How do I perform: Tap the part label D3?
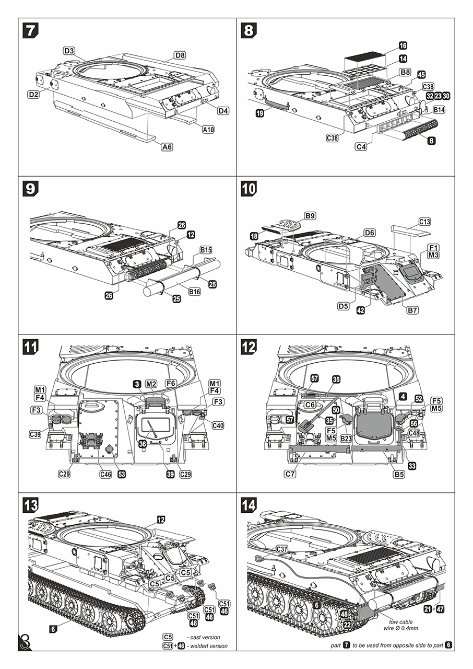(x=69, y=51)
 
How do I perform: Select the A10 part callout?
(x=208, y=129)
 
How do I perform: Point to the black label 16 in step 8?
(x=403, y=46)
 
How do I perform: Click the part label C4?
(x=361, y=147)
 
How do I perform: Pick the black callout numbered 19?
(x=260, y=113)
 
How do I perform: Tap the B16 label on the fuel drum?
(x=194, y=291)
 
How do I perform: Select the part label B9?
(x=310, y=216)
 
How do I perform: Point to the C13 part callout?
(x=424, y=222)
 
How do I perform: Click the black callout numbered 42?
(x=361, y=310)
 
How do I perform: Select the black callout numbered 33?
(x=412, y=465)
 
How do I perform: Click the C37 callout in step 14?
(x=282, y=548)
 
